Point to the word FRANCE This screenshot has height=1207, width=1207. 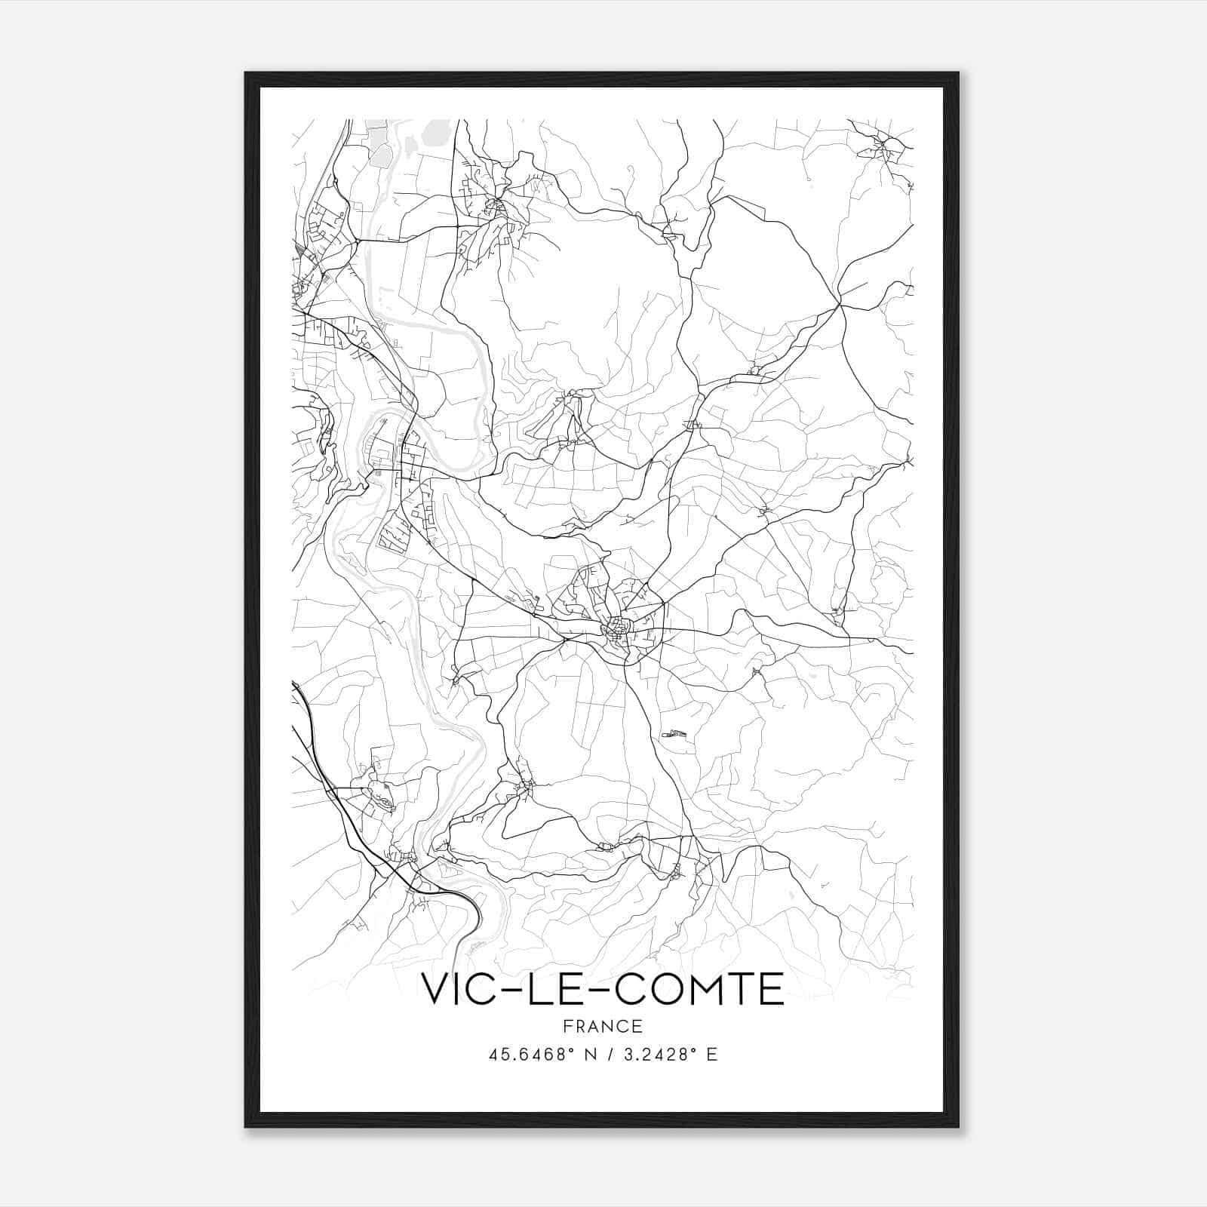click(603, 1026)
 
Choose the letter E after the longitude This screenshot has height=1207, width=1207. click(711, 1055)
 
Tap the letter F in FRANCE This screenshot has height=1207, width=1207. click(567, 1026)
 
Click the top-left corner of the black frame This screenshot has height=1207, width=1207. click(246, 73)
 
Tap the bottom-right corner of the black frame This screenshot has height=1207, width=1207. click(958, 1126)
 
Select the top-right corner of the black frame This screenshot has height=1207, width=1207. click(958, 73)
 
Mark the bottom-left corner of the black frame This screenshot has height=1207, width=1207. click(246, 1126)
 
